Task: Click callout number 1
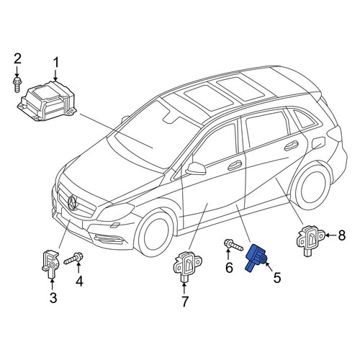point(55,63)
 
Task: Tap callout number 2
point(17,59)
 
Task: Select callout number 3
point(53,298)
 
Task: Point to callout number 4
point(79,281)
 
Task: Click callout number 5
point(276,278)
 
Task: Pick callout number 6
point(229,268)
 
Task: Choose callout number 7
point(184,302)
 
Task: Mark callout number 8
point(341,235)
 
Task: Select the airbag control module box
point(46,101)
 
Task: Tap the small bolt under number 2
point(17,84)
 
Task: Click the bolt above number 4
point(73,258)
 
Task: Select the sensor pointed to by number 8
point(311,240)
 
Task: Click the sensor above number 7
point(187,266)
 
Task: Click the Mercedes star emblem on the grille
point(73,203)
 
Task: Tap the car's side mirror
point(196,168)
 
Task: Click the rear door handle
point(292,145)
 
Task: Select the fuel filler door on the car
point(318,143)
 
